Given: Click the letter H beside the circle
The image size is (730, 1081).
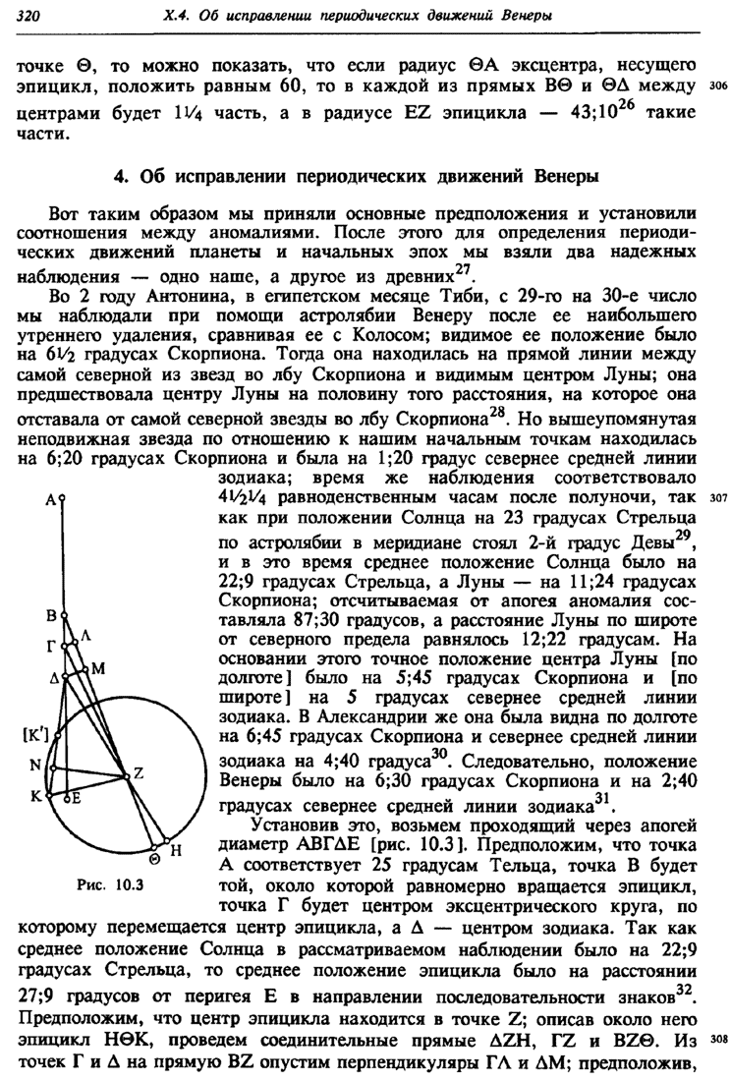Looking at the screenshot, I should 177,853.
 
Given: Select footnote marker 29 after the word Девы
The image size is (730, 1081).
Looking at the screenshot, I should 685,534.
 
